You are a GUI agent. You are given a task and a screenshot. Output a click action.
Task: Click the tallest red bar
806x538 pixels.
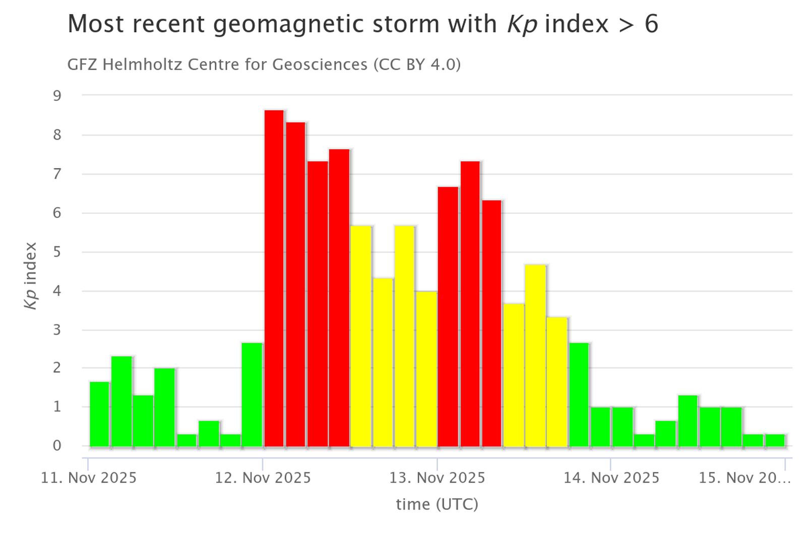point(274,278)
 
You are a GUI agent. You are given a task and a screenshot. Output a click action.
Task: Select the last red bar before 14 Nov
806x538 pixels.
point(491,323)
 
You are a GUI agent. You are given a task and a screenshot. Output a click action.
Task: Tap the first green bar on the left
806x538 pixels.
point(99,414)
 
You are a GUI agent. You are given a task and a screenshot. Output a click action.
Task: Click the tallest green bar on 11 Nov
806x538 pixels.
point(121,401)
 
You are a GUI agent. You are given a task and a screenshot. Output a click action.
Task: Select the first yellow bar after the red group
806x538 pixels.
point(361,336)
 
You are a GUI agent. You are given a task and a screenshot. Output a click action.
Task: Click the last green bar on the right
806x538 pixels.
point(775,440)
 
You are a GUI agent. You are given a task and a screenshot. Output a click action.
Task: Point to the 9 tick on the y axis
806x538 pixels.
point(57,95)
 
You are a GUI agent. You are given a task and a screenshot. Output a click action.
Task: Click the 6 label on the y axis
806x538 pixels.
point(57,213)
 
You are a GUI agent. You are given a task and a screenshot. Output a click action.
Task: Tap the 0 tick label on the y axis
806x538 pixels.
point(57,446)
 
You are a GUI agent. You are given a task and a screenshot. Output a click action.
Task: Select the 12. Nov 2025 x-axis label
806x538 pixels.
point(263,478)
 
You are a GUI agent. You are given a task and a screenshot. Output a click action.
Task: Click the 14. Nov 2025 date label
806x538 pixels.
point(611,478)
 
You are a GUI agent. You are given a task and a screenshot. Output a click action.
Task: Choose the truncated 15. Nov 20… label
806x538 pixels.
point(744,478)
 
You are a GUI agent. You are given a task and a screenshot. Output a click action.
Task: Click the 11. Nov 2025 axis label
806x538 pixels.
point(89,478)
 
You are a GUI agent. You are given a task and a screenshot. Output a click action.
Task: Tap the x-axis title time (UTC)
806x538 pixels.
point(437,504)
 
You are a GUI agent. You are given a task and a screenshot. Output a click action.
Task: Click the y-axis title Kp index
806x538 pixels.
point(31,275)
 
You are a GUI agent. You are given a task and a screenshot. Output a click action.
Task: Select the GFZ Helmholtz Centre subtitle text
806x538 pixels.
point(264,65)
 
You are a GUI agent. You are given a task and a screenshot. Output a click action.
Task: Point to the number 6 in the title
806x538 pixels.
point(651,24)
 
